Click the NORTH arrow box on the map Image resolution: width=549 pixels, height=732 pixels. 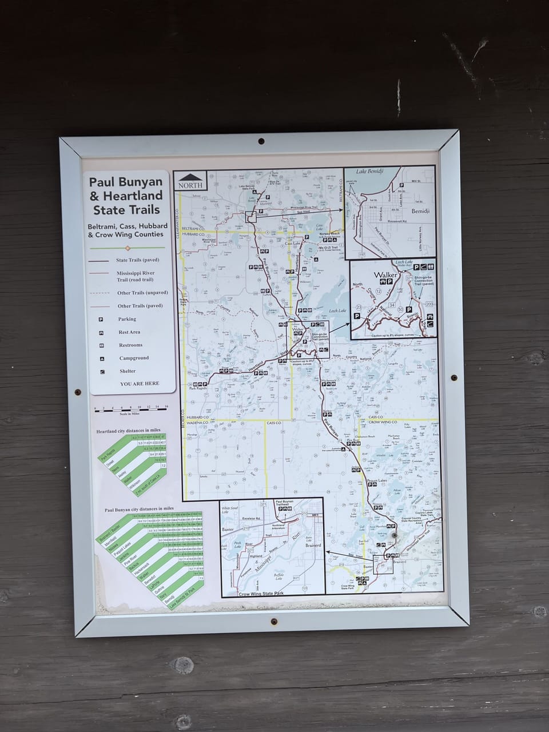(191, 181)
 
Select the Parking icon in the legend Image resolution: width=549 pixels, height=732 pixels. (101, 319)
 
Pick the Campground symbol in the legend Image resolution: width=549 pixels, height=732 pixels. (102, 359)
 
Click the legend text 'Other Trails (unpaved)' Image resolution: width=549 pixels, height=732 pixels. (142, 293)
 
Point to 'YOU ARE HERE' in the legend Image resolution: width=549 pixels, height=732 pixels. (140, 384)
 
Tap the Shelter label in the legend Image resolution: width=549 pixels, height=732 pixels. (128, 371)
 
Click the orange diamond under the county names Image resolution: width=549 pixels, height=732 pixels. (128, 248)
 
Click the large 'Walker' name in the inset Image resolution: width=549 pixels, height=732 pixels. (385, 275)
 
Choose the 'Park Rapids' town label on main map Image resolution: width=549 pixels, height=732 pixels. (197, 388)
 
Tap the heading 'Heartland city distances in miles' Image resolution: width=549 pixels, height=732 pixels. (128, 430)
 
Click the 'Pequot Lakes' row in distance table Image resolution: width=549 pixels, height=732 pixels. (122, 554)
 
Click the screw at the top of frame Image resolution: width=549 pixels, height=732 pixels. (261, 140)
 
